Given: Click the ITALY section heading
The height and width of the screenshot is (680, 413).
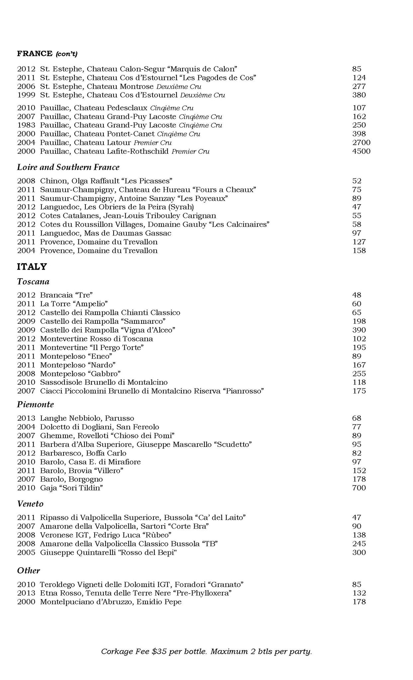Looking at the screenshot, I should click(32, 267).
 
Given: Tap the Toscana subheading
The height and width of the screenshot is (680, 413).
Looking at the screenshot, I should click(33, 282).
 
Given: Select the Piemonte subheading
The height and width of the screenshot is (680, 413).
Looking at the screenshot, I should click(35, 404).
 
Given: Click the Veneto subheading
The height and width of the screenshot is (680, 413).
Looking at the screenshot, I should click(30, 504).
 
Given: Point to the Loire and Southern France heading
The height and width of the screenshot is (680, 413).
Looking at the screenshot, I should click(68, 167).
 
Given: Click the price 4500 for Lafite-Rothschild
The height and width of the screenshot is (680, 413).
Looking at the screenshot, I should click(361, 151).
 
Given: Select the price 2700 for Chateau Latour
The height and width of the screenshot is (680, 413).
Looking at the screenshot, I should click(361, 143).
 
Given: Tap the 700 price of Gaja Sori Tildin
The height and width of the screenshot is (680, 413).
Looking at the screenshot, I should click(359, 488).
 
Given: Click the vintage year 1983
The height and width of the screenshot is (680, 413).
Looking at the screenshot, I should click(26, 125).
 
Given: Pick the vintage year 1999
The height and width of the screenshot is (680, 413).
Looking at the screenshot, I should click(26, 95).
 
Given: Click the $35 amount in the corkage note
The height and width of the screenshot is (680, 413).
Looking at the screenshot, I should click(159, 651).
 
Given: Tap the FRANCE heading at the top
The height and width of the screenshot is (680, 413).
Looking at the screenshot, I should click(35, 53).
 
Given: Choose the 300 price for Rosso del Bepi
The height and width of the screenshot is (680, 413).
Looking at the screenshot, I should click(359, 552).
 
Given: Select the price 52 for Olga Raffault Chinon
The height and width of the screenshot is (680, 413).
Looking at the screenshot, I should click(357, 181).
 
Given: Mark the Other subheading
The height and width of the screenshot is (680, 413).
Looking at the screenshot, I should click(29, 570).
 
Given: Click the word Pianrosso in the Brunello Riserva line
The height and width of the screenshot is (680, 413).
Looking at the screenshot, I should click(244, 391).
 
